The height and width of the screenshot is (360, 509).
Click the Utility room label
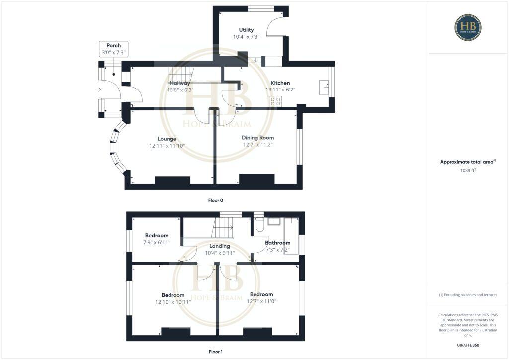point(247,30)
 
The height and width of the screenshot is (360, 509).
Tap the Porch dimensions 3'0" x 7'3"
point(114,52)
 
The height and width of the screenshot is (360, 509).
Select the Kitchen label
point(280,83)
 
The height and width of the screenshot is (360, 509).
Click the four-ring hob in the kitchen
point(275,101)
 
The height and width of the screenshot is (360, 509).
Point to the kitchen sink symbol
point(325,87)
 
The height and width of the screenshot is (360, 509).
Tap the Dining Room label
point(257,138)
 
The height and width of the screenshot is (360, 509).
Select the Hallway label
point(180,83)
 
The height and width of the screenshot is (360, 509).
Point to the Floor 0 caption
point(215,200)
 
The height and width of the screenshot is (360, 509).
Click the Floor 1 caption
point(215,352)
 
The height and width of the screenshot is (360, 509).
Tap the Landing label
point(219,246)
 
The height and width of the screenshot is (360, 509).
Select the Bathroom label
point(277,243)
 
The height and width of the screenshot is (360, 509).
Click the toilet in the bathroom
point(258,225)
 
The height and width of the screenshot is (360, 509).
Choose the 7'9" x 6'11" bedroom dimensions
point(157,242)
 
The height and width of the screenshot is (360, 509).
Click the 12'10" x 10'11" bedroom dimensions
point(173,301)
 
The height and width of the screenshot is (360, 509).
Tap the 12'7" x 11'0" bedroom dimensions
point(261,301)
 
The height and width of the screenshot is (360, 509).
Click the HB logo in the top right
point(468,27)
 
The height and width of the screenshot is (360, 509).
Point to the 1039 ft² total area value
point(468,170)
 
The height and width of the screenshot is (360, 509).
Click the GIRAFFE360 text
point(468,345)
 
